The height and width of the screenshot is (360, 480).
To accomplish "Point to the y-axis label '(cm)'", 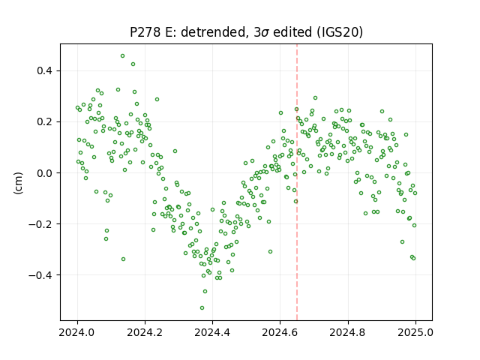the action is pos(18,183).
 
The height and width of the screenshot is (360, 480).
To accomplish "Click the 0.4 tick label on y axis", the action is pos(45,70).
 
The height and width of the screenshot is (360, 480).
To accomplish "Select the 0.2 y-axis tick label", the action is pos(45,121).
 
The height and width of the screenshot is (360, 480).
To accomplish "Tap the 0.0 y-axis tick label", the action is pos(45,173).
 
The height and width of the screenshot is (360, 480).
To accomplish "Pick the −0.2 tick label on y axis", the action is pos(40,224).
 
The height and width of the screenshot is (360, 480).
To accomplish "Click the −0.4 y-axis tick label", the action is pos(40,275).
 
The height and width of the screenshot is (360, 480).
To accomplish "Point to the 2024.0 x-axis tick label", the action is pos(77,332).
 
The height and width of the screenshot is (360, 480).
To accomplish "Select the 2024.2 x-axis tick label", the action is pos(145,332).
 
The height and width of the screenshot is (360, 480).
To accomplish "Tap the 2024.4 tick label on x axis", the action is pos(212,332).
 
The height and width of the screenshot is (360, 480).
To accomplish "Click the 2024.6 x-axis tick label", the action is pos(280,332).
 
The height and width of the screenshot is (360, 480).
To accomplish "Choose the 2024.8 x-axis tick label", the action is pos(348,332).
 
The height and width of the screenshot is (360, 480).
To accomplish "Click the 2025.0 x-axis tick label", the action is pos(415,332).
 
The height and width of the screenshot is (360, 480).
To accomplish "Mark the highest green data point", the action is pos(122,56).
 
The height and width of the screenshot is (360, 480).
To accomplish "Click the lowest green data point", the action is pos(202,307).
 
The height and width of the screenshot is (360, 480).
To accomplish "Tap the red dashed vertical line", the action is pos(297,182).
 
